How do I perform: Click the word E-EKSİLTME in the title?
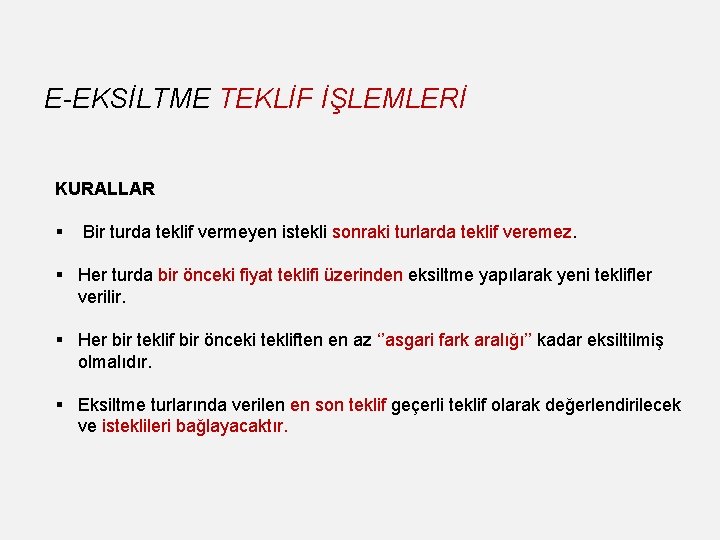coord(127,98)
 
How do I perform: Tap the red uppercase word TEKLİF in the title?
coord(265,98)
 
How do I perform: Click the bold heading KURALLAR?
coord(105,188)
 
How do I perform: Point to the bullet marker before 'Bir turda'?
coord(60,232)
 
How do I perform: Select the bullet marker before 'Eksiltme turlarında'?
coord(60,405)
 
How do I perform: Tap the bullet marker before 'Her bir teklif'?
coord(60,341)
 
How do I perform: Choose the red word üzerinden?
coord(361,275)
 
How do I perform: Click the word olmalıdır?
coord(115,362)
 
